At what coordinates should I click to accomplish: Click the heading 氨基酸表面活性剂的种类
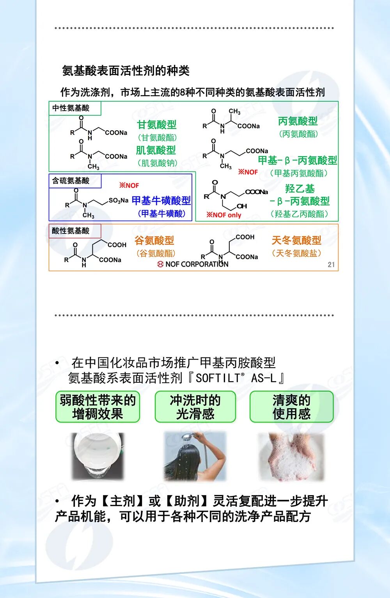[x=126, y=71]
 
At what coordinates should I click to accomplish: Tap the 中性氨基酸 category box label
[x=71, y=108]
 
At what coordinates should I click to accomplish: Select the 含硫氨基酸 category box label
[x=71, y=180]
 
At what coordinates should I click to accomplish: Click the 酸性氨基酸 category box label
[x=71, y=231]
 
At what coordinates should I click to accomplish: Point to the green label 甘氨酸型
[x=157, y=125]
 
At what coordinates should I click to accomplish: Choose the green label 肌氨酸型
[x=156, y=150]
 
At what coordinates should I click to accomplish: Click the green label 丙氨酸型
[x=298, y=121]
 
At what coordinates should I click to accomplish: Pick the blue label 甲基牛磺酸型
[x=161, y=200]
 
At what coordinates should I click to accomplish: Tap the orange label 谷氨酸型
[x=154, y=241]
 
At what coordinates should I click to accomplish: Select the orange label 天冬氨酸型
[x=296, y=240]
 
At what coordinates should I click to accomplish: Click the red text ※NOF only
[x=224, y=215]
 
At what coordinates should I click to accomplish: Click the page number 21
[x=331, y=264]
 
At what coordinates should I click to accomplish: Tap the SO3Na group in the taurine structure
[x=118, y=200]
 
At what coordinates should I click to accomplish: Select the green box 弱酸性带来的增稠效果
[x=97, y=407]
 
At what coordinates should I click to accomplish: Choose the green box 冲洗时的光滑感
[x=195, y=407]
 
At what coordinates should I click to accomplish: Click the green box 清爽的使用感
[x=292, y=407]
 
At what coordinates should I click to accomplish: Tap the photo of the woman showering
[x=195, y=456]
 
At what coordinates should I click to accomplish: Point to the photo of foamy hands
[x=292, y=456]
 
